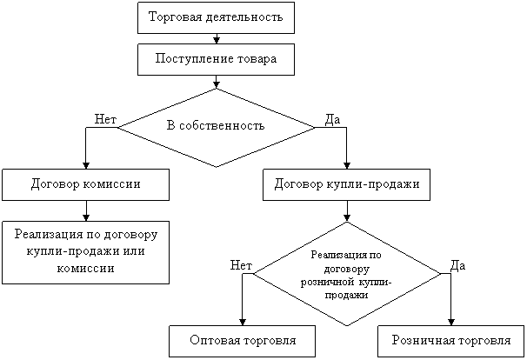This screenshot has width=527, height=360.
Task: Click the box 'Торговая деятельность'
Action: pyautogui.click(x=216, y=17)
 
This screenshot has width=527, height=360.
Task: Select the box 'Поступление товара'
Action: pyautogui.click(x=216, y=59)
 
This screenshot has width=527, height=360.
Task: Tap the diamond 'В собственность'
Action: pyautogui.click(x=216, y=127)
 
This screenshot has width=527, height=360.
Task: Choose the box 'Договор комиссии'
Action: pyautogui.click(x=85, y=184)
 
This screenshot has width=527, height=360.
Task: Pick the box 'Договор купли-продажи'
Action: pyautogui.click(x=346, y=184)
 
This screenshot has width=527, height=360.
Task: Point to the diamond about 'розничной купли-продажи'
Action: pyautogui.click(x=346, y=274)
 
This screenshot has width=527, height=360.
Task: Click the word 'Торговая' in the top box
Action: pyautogui.click(x=173, y=17)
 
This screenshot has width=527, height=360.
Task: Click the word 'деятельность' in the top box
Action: pyautogui.click(x=241, y=17)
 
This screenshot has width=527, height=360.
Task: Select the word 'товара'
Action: pyautogui.click(x=258, y=59)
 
